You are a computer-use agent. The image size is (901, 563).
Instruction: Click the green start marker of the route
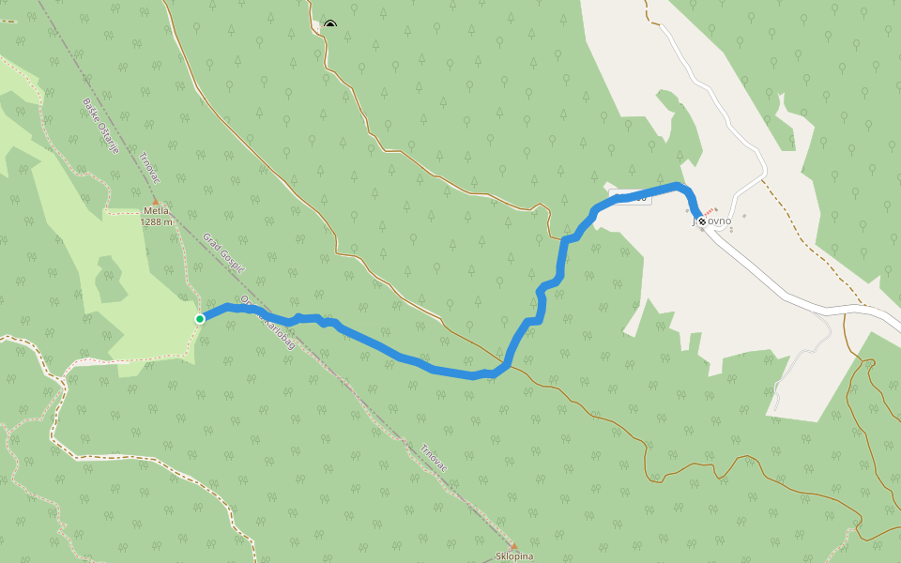(x=200, y=319)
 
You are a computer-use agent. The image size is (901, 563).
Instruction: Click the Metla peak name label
(x=156, y=212)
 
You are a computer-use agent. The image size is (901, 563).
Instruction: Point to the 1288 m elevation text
(x=156, y=222)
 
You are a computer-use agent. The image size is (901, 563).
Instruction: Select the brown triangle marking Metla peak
(x=156, y=202)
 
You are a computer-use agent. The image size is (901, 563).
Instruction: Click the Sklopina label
(x=514, y=556)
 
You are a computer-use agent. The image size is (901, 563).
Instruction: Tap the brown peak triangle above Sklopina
(x=513, y=545)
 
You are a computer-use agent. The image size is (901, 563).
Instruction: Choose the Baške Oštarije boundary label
(x=100, y=126)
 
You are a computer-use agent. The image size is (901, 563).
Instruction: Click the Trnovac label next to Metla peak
(x=150, y=170)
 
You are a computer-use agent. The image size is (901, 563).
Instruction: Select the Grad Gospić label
(x=223, y=253)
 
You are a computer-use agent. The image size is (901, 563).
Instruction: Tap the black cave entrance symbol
(x=329, y=25)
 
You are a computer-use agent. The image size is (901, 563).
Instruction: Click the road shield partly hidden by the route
(x=629, y=196)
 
